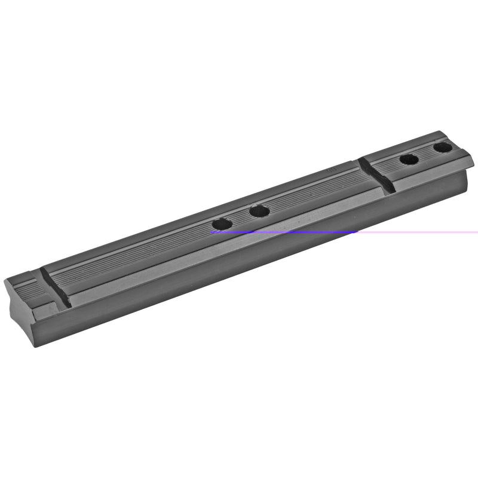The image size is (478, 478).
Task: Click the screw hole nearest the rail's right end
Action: click(442, 146)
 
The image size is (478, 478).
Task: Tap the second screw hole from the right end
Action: click(409, 160)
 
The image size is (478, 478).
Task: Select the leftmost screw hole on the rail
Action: click(221, 224)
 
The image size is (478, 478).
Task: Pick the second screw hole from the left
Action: click(259, 210)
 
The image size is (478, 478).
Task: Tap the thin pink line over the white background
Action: click(418, 232)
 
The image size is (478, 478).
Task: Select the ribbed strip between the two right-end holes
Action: click(425, 153)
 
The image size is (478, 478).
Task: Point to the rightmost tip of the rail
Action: click(473, 160)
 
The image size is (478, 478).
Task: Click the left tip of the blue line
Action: click(212, 232)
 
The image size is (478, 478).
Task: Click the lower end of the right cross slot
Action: click(390, 191)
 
